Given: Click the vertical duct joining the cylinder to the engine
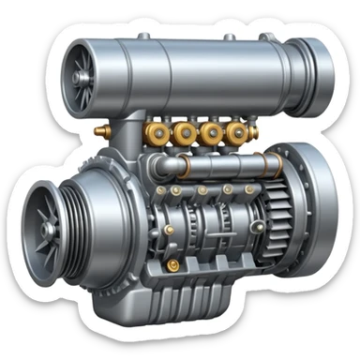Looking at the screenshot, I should pyautogui.click(x=132, y=141).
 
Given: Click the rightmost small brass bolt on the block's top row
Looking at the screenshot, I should pyautogui.click(x=249, y=189).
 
